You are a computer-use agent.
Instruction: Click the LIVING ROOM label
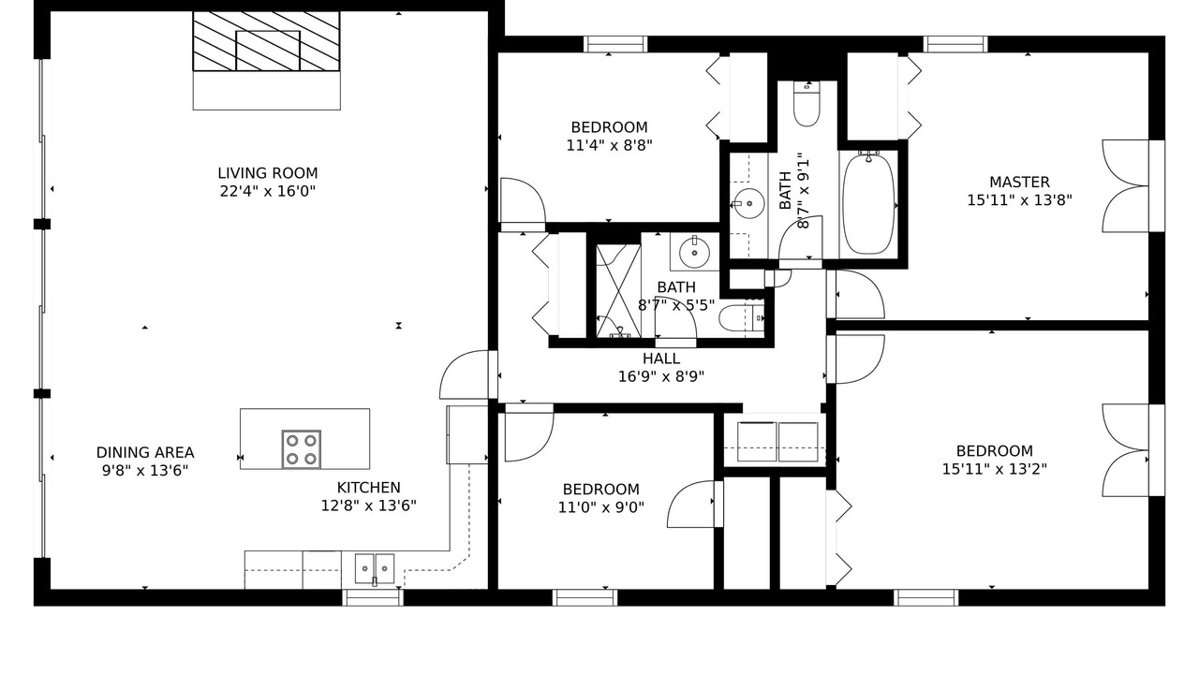(268, 173)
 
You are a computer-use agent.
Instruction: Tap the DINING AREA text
(145, 452)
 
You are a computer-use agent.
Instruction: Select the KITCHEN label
(369, 488)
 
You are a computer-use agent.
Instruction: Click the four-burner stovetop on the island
(302, 449)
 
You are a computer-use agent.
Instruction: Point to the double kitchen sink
(374, 568)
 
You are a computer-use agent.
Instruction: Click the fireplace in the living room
(267, 42)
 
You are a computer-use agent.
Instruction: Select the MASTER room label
(1020, 183)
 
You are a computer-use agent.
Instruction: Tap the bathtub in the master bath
(868, 204)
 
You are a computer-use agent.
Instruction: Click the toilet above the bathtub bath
(807, 104)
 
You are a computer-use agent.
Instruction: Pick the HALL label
(661, 359)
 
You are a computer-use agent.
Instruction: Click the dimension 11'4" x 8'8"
(609, 145)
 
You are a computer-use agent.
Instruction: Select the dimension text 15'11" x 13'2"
(995, 469)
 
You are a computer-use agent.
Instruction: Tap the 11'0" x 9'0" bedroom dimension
(601, 507)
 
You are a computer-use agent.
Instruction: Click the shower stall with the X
(618, 291)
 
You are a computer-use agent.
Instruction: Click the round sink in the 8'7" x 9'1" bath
(748, 203)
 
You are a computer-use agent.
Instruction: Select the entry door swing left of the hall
(464, 374)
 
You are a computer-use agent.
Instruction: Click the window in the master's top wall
(955, 44)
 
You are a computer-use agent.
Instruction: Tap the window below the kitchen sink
(373, 597)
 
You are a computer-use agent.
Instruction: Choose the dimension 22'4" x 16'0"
(268, 192)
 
